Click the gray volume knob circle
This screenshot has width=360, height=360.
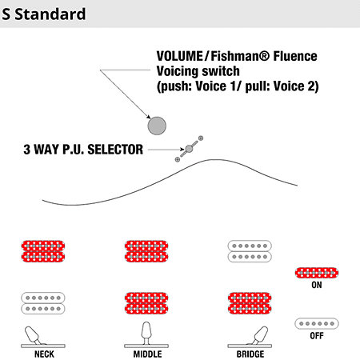tap(157, 126)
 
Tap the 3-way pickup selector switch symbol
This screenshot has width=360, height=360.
tap(189, 149)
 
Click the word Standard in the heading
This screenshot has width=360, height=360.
tap(50, 14)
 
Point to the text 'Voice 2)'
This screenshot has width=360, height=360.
tap(296, 86)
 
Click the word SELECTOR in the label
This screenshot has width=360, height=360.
tap(115, 150)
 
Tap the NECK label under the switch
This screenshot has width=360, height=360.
tap(44, 354)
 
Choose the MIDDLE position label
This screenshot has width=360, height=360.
tap(147, 354)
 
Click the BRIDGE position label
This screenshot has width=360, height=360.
tap(250, 354)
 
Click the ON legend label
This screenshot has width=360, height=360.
tap(317, 285)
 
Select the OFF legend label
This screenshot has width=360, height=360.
tap(317, 336)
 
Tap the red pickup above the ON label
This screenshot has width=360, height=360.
tap(317, 273)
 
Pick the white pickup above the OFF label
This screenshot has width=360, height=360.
tap(317, 323)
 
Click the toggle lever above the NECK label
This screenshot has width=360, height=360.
tap(33, 335)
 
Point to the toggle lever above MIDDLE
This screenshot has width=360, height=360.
tap(146, 334)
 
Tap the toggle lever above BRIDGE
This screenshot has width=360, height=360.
tap(260, 335)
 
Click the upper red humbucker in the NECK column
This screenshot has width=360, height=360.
tap(43, 251)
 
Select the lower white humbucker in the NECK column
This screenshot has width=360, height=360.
tap(43, 303)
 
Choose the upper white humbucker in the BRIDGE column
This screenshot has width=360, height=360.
tap(250, 251)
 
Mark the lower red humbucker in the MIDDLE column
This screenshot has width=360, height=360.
tap(146, 303)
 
